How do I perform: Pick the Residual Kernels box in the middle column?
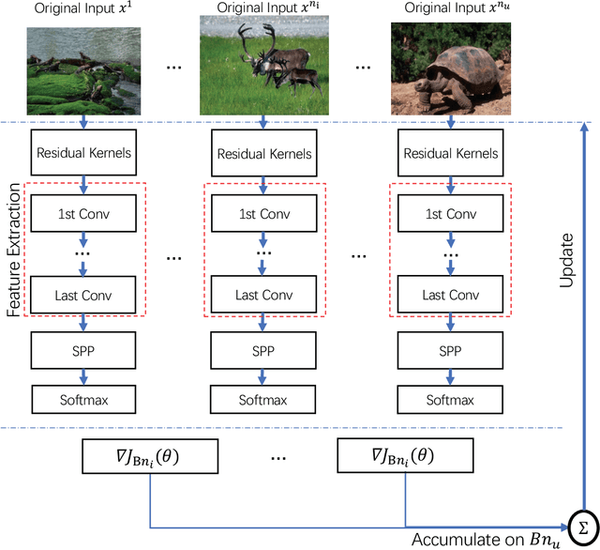point(264,154)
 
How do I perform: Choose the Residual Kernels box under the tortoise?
point(449,154)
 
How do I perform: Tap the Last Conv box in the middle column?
point(264,295)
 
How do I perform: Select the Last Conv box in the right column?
point(449,295)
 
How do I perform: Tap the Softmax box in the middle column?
point(264,400)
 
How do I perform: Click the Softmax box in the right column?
point(449,400)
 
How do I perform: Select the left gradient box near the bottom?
point(151,457)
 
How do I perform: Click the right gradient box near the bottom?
point(405,457)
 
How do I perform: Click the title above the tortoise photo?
point(449,9)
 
